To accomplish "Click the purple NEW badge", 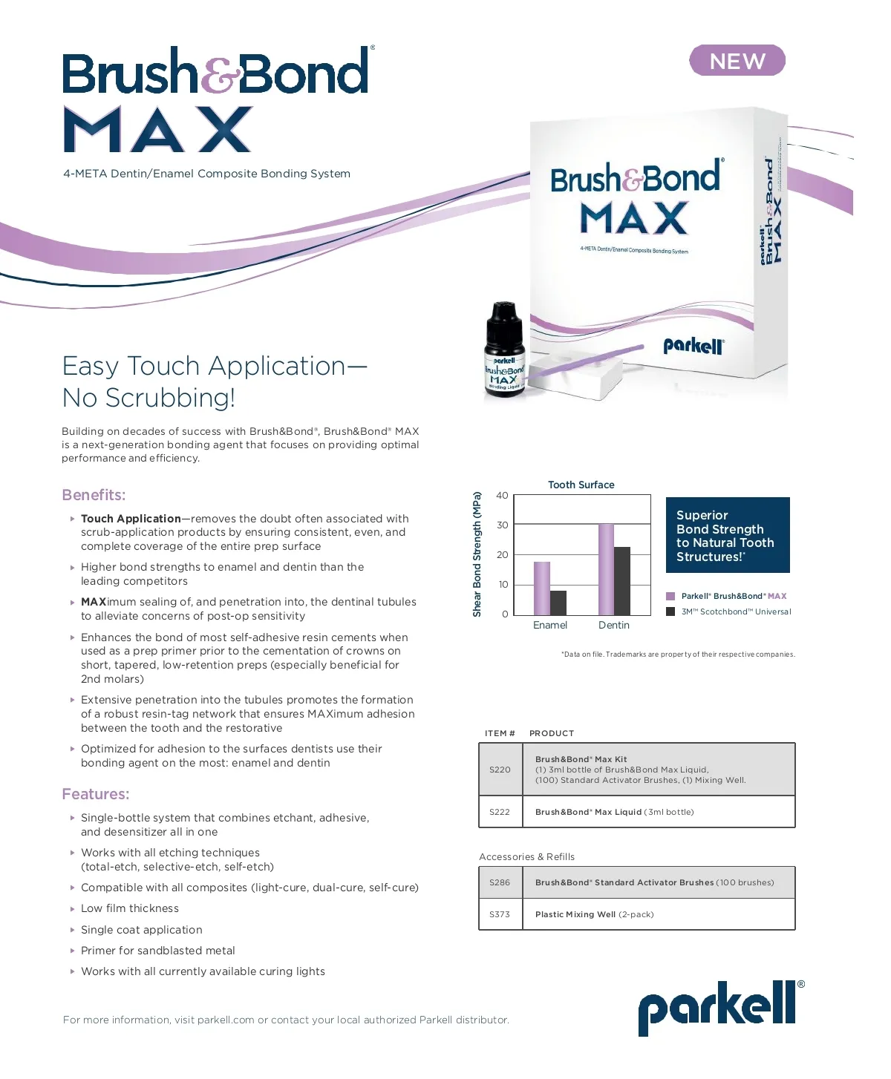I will click(x=737, y=61).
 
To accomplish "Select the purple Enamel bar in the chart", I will click(x=542, y=588).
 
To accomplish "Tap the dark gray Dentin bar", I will click(x=622, y=580).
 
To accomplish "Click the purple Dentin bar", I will click(x=606, y=569).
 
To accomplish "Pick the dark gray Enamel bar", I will click(x=558, y=603).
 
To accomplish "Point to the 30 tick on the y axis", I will click(x=503, y=525).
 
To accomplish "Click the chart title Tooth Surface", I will click(x=581, y=485).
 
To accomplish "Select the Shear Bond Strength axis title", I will click(x=477, y=554).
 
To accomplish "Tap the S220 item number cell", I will click(x=500, y=770).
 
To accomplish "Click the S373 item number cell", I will click(x=500, y=914).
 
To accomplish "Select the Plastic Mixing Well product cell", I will click(x=594, y=914).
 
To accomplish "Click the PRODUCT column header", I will click(x=551, y=733).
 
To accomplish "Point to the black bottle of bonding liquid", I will click(x=504, y=349).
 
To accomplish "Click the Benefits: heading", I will click(x=94, y=495).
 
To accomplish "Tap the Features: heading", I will click(x=95, y=794).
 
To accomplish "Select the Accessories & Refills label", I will click(x=526, y=856).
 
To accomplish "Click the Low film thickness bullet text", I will click(x=130, y=908).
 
